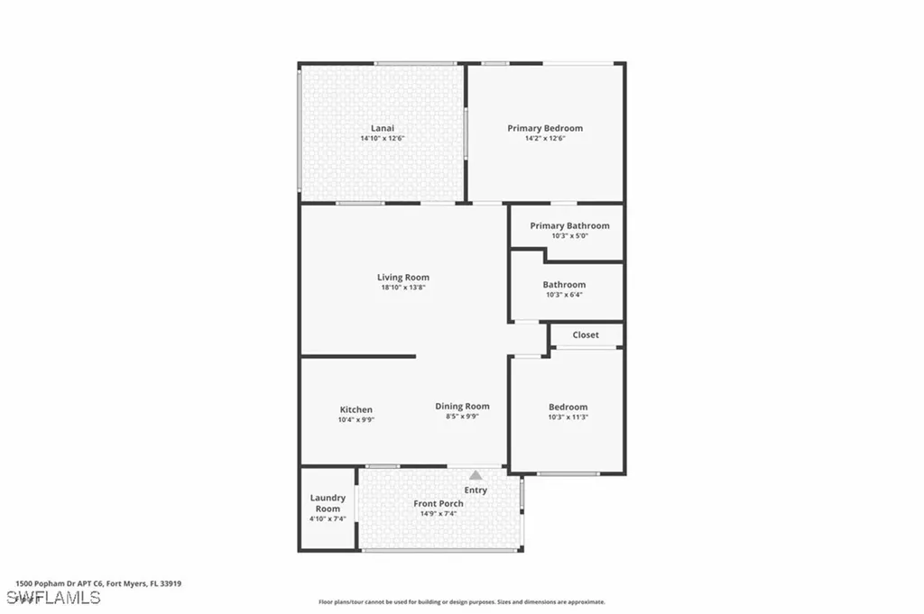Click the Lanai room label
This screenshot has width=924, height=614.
tap(383, 128)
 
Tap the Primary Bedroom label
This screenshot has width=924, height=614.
tap(545, 128)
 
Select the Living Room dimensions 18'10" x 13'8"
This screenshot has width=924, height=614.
tap(403, 288)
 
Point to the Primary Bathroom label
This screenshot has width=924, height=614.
tap(569, 225)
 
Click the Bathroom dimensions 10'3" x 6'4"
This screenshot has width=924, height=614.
tap(564, 295)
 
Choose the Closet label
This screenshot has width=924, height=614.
tap(586, 334)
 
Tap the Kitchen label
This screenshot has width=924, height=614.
tap(356, 409)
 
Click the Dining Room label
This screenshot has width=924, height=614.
tap(462, 406)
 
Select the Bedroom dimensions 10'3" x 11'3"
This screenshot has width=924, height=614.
tap(568, 417)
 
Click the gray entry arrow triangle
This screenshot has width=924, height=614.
tap(476, 474)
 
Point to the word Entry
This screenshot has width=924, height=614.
tap(476, 490)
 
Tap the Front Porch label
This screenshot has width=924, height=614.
tap(439, 503)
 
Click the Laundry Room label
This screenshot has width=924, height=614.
tap(328, 503)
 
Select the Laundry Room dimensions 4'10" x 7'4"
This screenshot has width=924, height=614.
tap(328, 519)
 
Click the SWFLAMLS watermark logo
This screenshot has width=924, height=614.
tap(53, 598)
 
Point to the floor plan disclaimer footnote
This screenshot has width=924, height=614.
tap(461, 601)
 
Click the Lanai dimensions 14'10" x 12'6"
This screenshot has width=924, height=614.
tap(383, 138)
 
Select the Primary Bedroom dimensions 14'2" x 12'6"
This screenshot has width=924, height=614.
tap(545, 138)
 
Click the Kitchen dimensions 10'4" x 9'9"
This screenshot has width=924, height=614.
tap(356, 419)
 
